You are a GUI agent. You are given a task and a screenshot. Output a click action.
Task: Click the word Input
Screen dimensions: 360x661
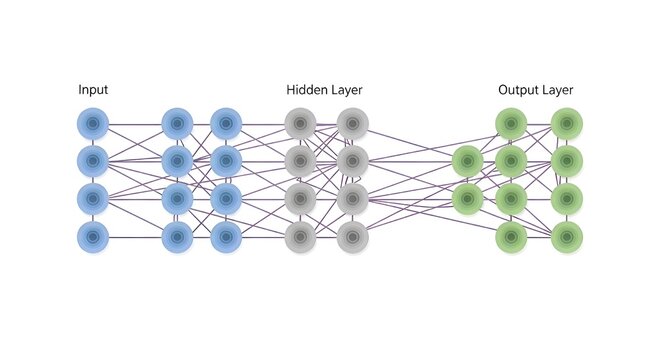[93, 90]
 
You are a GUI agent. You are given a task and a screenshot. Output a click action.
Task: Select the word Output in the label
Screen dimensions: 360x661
[518, 90]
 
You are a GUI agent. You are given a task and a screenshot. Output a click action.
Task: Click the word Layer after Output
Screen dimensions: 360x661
[558, 90]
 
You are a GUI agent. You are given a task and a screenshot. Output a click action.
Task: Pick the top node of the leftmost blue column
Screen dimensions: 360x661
[93, 124]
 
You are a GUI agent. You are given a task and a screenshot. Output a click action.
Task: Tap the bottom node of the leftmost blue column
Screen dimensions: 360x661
[93, 238]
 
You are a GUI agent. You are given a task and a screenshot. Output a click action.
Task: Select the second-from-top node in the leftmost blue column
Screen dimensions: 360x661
[93, 160]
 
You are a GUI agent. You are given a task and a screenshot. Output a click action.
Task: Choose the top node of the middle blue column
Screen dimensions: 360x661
[177, 124]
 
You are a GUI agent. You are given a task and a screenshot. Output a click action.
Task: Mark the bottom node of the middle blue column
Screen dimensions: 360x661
[177, 238]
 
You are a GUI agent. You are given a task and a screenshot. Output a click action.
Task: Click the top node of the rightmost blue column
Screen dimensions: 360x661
[225, 124]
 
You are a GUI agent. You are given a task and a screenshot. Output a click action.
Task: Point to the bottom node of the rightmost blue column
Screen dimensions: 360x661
[225, 238]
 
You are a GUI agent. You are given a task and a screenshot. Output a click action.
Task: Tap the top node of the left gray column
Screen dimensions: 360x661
[301, 124]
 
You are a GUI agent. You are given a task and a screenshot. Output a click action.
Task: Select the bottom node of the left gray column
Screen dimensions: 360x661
[301, 238]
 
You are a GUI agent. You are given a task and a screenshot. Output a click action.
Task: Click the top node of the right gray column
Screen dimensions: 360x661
[352, 124]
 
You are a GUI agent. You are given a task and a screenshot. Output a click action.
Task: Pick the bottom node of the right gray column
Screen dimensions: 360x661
[352, 238]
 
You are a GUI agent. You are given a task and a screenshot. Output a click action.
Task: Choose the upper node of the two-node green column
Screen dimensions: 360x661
[467, 160]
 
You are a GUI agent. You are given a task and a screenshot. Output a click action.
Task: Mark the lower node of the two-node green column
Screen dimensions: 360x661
[467, 197]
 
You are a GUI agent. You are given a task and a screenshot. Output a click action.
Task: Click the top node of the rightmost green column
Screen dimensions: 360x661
[567, 124]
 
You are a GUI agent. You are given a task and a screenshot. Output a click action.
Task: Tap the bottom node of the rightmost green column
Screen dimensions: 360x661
[567, 238]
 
